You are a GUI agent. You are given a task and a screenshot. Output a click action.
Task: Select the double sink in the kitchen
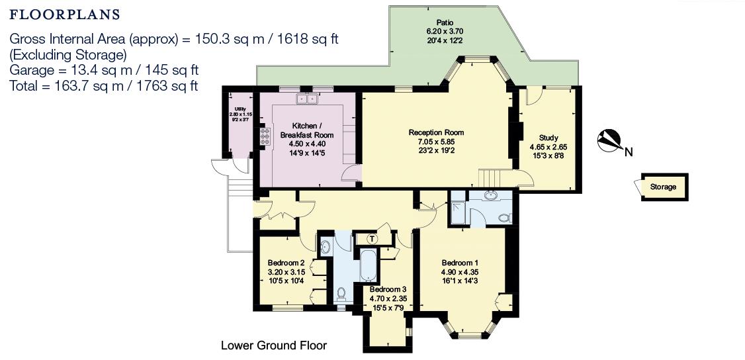[x=306, y=99]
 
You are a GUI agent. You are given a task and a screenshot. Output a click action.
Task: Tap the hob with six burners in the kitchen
[x=265, y=136]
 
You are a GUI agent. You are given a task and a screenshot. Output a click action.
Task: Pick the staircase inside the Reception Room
[x=491, y=177]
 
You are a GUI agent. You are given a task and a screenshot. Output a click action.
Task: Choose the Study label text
[x=548, y=138]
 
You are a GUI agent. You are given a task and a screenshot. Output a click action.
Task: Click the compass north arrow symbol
[x=609, y=140]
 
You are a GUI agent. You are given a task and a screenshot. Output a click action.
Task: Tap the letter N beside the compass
[x=629, y=154]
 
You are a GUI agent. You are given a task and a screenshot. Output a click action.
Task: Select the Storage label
[x=662, y=187]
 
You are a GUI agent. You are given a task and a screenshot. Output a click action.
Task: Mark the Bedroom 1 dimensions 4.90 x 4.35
[x=460, y=271]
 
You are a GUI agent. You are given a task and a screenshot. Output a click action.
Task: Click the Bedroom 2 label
[x=286, y=262]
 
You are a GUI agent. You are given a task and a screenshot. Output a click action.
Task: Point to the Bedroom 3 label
[x=388, y=290]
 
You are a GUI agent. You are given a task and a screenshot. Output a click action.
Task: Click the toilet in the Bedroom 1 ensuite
[x=504, y=217]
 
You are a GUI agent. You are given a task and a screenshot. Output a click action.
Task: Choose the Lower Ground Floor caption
[x=273, y=345]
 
